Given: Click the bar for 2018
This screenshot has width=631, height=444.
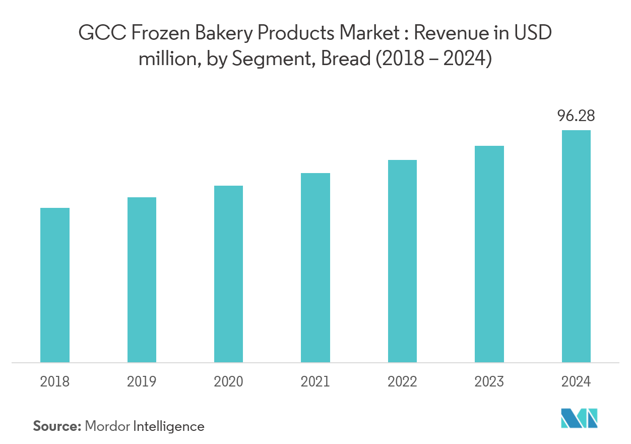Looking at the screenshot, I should coord(55,285).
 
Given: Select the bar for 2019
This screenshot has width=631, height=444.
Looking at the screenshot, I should coord(142,280).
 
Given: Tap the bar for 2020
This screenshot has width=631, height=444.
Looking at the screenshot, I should coord(228,274).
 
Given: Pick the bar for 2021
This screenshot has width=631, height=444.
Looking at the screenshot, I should coord(315,267).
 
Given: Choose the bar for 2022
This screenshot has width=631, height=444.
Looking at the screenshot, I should coord(402,261).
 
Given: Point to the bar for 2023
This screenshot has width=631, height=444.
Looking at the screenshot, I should coord(489,254).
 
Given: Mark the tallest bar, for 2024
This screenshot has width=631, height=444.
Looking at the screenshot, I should coord(576,246).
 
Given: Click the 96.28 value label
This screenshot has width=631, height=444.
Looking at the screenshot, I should coord(576,117).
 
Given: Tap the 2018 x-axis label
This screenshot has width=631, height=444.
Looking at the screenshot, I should coord(55,382).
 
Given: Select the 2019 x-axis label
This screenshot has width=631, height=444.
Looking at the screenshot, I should coord(142,382).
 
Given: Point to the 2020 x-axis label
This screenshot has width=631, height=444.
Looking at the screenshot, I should coord(228,382).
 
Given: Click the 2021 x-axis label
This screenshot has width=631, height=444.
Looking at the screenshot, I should coord(315,382).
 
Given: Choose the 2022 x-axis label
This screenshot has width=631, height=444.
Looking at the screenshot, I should coord(402,382).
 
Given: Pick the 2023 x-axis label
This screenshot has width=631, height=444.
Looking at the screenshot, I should coord(489,382).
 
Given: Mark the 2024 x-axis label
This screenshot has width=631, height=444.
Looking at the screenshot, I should coord(576,382).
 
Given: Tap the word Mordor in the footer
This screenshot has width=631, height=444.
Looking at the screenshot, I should coord(107,426).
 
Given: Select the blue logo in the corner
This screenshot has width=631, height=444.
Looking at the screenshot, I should coord(579,418).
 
